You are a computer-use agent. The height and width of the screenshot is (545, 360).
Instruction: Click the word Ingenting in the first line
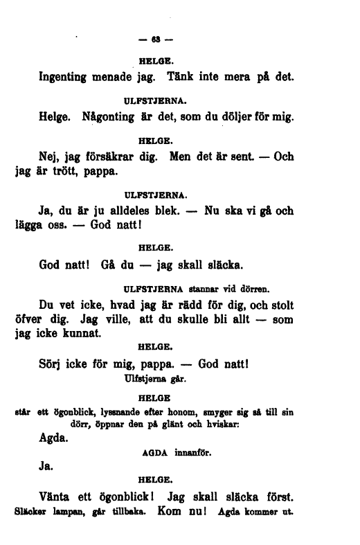click(70, 78)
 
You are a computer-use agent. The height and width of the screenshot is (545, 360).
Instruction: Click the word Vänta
click(59, 497)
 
